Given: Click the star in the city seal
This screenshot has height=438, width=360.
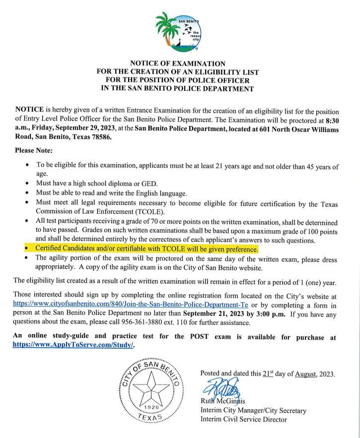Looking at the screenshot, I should pyautogui.click(x=151, y=389).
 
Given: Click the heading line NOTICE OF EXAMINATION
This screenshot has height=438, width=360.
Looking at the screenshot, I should pyautogui.click(x=177, y=63).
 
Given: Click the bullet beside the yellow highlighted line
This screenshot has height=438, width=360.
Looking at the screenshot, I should pyautogui.click(x=26, y=249).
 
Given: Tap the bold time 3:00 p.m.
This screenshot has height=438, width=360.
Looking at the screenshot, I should pyautogui.click(x=269, y=313).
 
